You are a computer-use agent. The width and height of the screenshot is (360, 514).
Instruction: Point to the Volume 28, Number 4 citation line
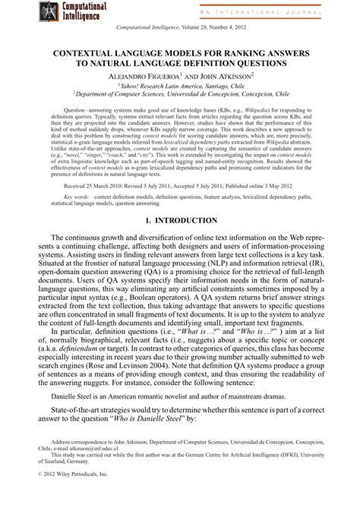pos(180,28)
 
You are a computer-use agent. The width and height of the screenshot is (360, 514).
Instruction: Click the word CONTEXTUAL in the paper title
pos(86,55)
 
